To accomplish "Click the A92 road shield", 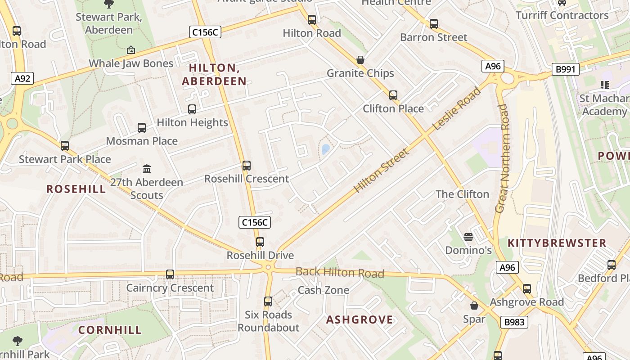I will tap(22, 79).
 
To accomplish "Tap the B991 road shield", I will tap(565, 69).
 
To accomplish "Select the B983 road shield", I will tap(513, 322).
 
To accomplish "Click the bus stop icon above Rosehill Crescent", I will tap(246, 166).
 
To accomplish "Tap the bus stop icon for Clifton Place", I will tap(393, 95).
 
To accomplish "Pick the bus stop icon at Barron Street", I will tap(433, 24).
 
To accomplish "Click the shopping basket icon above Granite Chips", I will tap(360, 60).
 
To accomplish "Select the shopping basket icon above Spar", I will tap(474, 306).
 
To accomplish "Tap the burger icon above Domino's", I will tap(468, 237).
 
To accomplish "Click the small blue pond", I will tap(325, 149).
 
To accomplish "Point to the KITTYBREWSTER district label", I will tap(557, 243).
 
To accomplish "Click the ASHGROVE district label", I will tap(359, 320).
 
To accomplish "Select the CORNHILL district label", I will tap(110, 330).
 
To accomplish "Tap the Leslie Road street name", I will tap(456, 109).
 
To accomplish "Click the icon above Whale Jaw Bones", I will tap(130, 50).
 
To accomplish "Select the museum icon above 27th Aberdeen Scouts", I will tap(147, 169).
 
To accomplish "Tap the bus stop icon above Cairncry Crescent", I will tap(170, 274).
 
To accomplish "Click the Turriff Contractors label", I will tap(562, 15).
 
